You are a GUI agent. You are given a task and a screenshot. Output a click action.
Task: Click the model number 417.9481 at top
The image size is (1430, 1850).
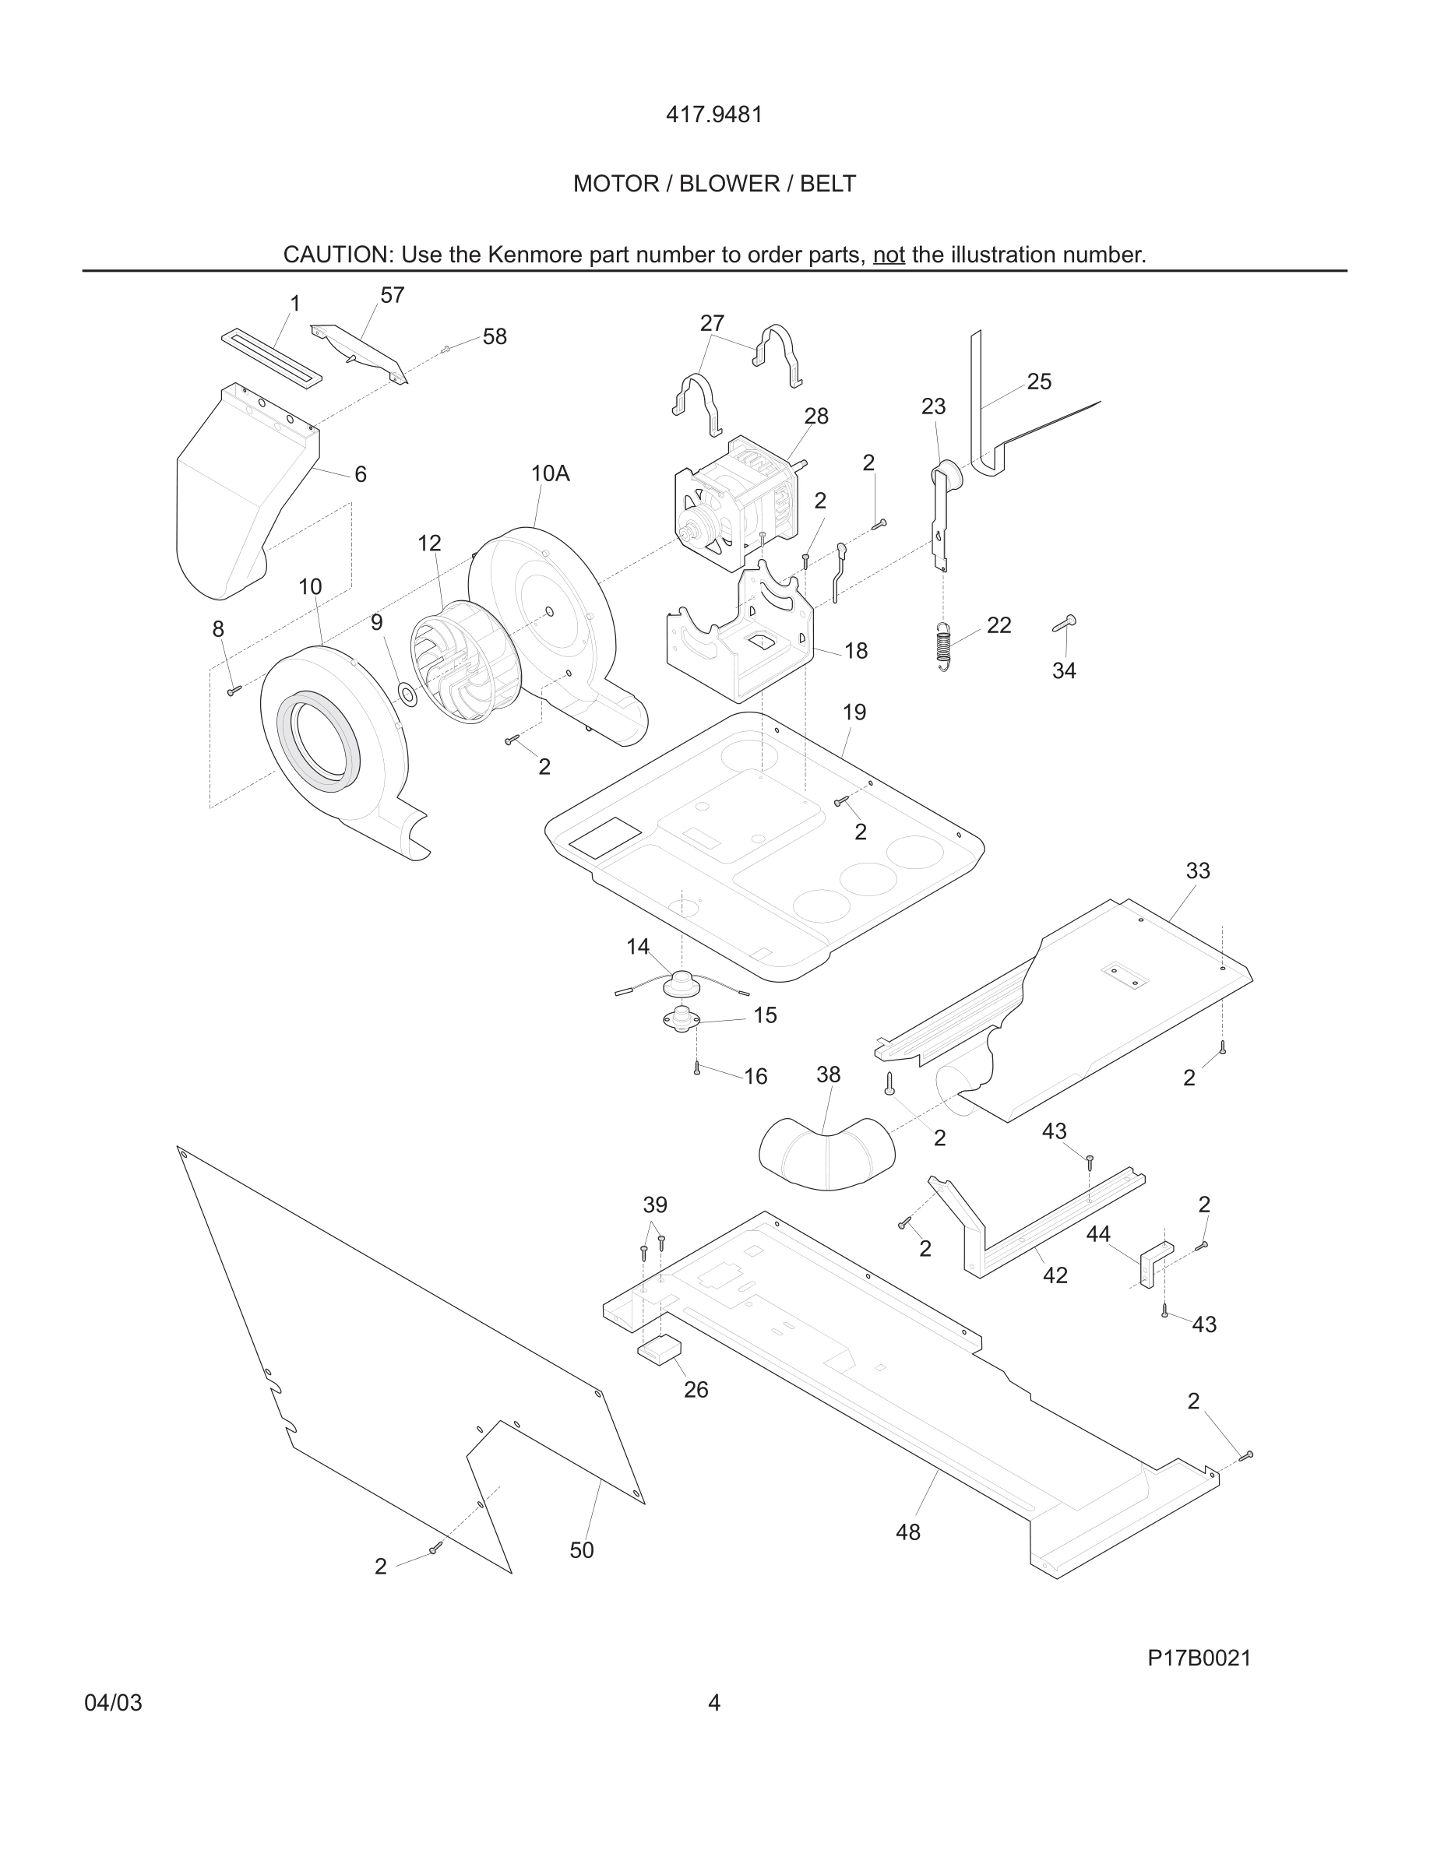pos(714,114)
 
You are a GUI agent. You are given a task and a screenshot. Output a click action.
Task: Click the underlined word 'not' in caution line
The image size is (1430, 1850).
pos(889,255)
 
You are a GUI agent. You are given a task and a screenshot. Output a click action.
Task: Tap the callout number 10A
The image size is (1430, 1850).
pos(550,473)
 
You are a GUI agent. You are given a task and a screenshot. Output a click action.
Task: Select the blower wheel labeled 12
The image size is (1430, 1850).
pos(447,662)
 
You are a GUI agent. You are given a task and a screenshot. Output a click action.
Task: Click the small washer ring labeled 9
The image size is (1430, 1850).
pos(407,695)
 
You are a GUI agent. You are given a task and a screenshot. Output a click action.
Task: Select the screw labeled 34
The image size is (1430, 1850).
pos(1064,624)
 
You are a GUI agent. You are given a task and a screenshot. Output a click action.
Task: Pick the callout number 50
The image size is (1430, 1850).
pos(581,1550)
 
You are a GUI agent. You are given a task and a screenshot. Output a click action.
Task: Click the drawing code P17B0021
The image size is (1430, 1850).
pos(1199,1658)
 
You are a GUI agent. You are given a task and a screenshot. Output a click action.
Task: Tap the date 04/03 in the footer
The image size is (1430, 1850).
pos(113,1703)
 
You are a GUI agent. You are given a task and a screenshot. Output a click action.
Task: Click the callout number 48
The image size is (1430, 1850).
pos(907,1532)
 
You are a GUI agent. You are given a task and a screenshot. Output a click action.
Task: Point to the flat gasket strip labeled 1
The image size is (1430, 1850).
pos(271,358)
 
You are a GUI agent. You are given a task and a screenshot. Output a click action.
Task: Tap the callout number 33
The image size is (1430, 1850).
pos(1197,870)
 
